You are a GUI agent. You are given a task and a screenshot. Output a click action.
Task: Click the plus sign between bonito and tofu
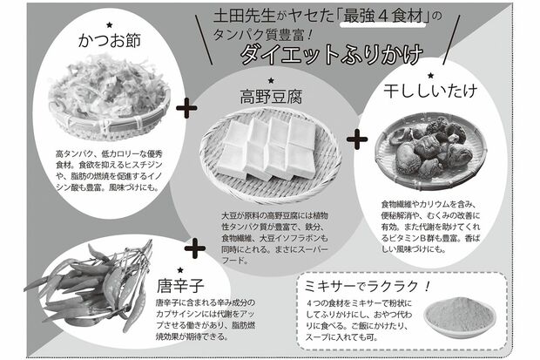tap(186, 109)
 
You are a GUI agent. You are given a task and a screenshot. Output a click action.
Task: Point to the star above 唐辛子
tap(180, 269)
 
